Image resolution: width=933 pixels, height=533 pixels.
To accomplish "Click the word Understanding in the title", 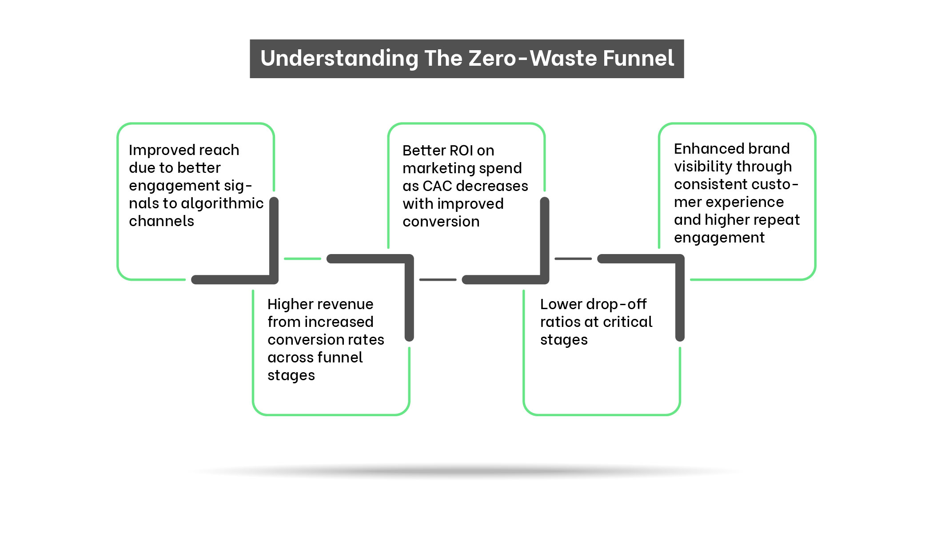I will pyautogui.click(x=339, y=59).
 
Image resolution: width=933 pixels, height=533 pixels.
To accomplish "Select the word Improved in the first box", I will pyautogui.click(x=153, y=150).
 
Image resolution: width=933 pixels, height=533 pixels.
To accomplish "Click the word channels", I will pyautogui.click(x=161, y=221).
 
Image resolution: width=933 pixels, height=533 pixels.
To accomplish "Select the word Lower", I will pyautogui.click(x=561, y=304).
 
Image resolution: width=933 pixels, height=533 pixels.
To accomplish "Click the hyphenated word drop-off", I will pyautogui.click(x=616, y=304).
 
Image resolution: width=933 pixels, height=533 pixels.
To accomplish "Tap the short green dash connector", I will pyautogui.click(x=302, y=259).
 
